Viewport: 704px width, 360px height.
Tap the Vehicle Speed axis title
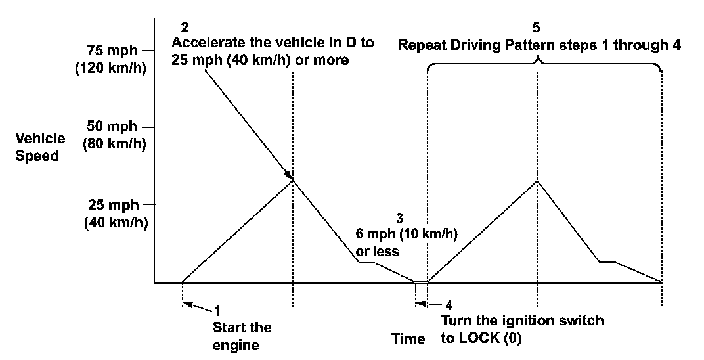(41, 147)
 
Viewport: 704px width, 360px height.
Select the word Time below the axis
(408, 339)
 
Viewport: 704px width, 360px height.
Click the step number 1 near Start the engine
(218, 308)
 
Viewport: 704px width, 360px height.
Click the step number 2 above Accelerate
(184, 28)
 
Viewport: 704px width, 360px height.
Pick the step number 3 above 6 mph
(399, 217)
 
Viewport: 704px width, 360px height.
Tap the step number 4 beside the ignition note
(449, 304)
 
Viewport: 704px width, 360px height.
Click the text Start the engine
(242, 336)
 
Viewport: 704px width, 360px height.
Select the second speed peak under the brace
(538, 180)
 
